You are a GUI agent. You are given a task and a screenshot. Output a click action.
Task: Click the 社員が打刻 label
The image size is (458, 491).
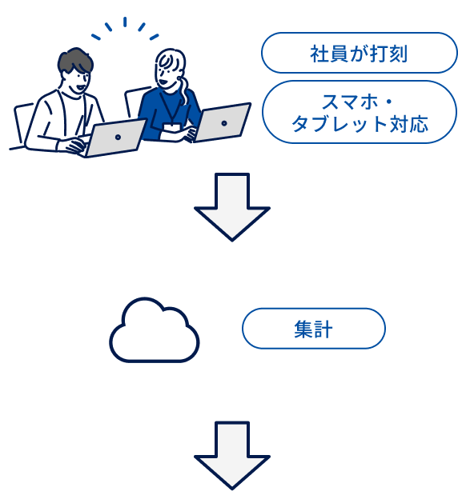point(358,54)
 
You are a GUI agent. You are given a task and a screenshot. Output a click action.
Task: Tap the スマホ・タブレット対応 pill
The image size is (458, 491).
point(358,112)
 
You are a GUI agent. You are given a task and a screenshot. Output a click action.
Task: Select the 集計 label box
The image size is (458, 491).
point(313,328)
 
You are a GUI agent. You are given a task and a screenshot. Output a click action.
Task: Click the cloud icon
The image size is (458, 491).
point(154,329)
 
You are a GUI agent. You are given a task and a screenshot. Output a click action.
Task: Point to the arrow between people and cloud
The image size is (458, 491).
point(232,206)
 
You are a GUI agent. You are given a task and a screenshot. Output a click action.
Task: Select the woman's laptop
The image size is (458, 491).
point(222,122)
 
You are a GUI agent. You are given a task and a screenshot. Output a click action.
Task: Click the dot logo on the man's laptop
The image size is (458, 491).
point(119,137)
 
